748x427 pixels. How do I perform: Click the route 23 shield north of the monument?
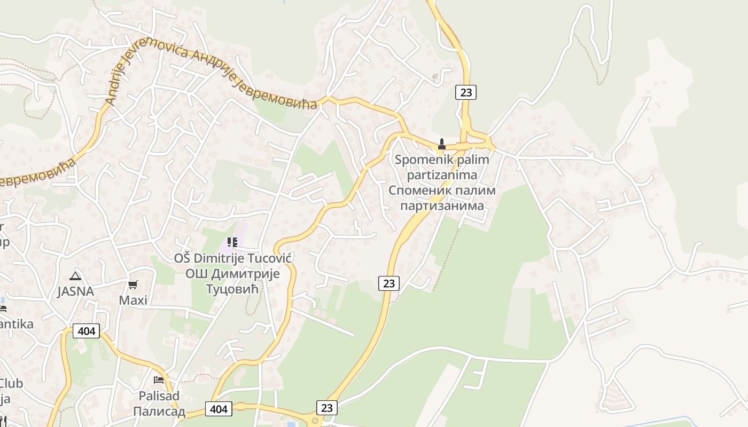pyautogui.click(x=466, y=92)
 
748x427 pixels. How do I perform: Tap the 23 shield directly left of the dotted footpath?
pyautogui.click(x=388, y=283)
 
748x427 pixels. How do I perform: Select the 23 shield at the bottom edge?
pyautogui.click(x=327, y=408)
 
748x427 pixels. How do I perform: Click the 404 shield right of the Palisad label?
pyautogui.click(x=219, y=409)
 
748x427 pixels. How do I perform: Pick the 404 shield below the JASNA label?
pyautogui.click(x=87, y=331)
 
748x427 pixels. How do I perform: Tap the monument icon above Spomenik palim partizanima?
pyautogui.click(x=441, y=144)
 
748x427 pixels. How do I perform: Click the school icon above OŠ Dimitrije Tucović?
pyautogui.click(x=232, y=243)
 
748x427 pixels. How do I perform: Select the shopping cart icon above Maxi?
pyautogui.click(x=133, y=285)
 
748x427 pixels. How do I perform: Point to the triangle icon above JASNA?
pyautogui.click(x=75, y=276)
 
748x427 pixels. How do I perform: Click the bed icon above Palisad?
pyautogui.click(x=159, y=380)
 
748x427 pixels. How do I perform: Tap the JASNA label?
pyautogui.click(x=75, y=291)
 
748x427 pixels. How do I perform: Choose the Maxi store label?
pyautogui.click(x=133, y=300)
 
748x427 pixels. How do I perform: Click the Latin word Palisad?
pyautogui.click(x=159, y=396)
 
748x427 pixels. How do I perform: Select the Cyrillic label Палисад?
pyautogui.click(x=159, y=412)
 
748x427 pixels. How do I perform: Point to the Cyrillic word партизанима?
pyautogui.click(x=442, y=205)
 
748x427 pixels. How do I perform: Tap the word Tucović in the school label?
pyautogui.click(x=269, y=258)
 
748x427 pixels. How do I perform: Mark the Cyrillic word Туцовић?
pyautogui.click(x=232, y=289)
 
